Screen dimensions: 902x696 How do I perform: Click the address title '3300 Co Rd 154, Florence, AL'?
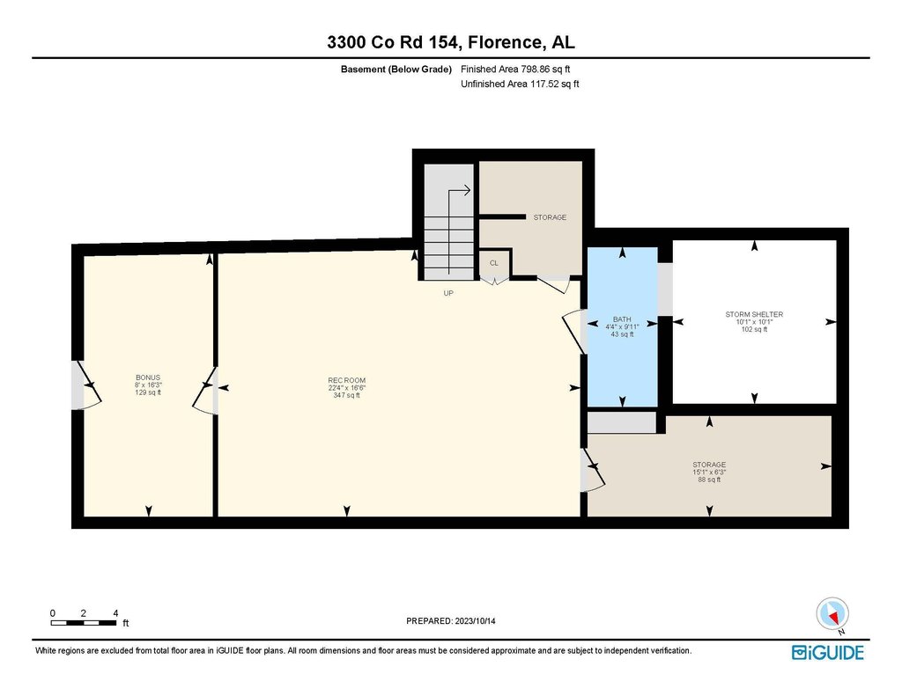coord(450,42)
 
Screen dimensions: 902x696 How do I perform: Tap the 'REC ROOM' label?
coord(347,380)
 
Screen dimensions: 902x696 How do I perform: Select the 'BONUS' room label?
coord(148,377)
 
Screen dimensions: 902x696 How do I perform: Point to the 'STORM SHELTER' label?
coord(754,314)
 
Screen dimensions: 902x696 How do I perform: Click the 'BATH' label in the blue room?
coord(622,319)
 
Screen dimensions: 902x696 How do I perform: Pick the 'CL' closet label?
coord(494,263)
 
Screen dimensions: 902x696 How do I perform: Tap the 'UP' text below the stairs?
coord(448,293)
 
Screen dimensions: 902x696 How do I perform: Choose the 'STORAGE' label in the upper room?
coord(550,217)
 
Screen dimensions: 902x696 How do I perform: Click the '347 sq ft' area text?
coord(347,395)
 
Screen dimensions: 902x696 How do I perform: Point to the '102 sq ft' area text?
coord(754,330)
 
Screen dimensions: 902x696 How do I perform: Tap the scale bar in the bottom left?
coord(84,622)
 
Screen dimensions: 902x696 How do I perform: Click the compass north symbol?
coord(832,614)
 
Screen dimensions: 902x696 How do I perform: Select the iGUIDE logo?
coord(828,653)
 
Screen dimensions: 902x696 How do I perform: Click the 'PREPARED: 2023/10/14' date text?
coord(451,621)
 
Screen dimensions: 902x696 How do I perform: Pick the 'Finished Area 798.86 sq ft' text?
coord(515,70)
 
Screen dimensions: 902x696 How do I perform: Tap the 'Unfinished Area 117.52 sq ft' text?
coord(520,84)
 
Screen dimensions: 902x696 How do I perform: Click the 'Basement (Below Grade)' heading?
coord(396,70)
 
